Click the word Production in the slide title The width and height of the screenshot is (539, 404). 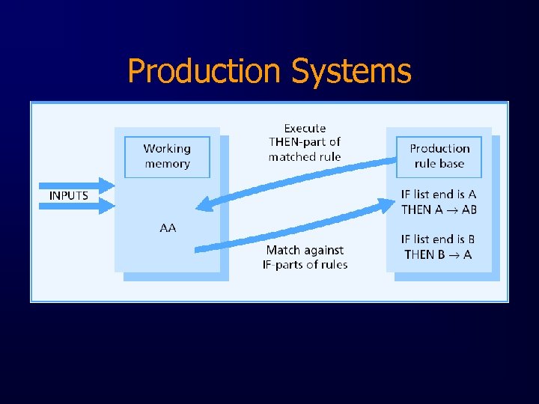click(204, 72)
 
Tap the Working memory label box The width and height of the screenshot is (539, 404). click(167, 156)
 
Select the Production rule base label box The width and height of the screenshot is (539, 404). click(439, 156)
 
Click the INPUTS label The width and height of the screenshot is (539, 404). click(69, 195)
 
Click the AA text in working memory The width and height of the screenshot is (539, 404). click(168, 227)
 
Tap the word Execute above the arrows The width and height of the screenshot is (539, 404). click(305, 128)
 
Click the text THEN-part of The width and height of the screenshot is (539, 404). click(305, 142)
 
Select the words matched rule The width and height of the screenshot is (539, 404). click(305, 156)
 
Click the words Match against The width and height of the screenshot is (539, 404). click(305, 250)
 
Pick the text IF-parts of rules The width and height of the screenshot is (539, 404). click(305, 264)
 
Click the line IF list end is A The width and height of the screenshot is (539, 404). click(439, 195)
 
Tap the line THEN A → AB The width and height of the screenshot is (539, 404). click(439, 209)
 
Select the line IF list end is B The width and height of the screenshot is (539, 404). click(438, 239)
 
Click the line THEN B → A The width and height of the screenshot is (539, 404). click(438, 254)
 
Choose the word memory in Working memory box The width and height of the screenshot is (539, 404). click(167, 164)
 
